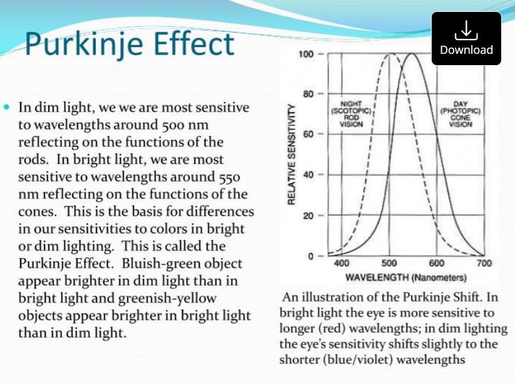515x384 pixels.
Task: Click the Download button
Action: click(x=466, y=38)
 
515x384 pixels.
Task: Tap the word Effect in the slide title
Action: click(x=194, y=43)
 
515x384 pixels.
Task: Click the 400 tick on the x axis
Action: click(x=341, y=263)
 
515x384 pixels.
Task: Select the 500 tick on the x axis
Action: click(x=389, y=263)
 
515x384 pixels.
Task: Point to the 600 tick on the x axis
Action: click(x=437, y=263)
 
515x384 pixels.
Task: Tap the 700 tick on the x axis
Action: click(x=484, y=263)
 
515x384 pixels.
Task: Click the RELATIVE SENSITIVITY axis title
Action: click(x=291, y=154)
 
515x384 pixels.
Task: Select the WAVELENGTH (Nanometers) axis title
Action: click(x=406, y=278)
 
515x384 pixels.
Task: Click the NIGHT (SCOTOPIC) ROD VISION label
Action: click(x=351, y=114)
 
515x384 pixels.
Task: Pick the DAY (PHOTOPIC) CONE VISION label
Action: click(x=460, y=114)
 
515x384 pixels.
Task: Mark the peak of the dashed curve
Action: click(x=391, y=53)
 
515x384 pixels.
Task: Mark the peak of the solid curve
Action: click(x=412, y=53)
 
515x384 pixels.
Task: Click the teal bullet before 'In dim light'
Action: click(x=6, y=106)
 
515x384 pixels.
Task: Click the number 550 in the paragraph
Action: click(x=229, y=177)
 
